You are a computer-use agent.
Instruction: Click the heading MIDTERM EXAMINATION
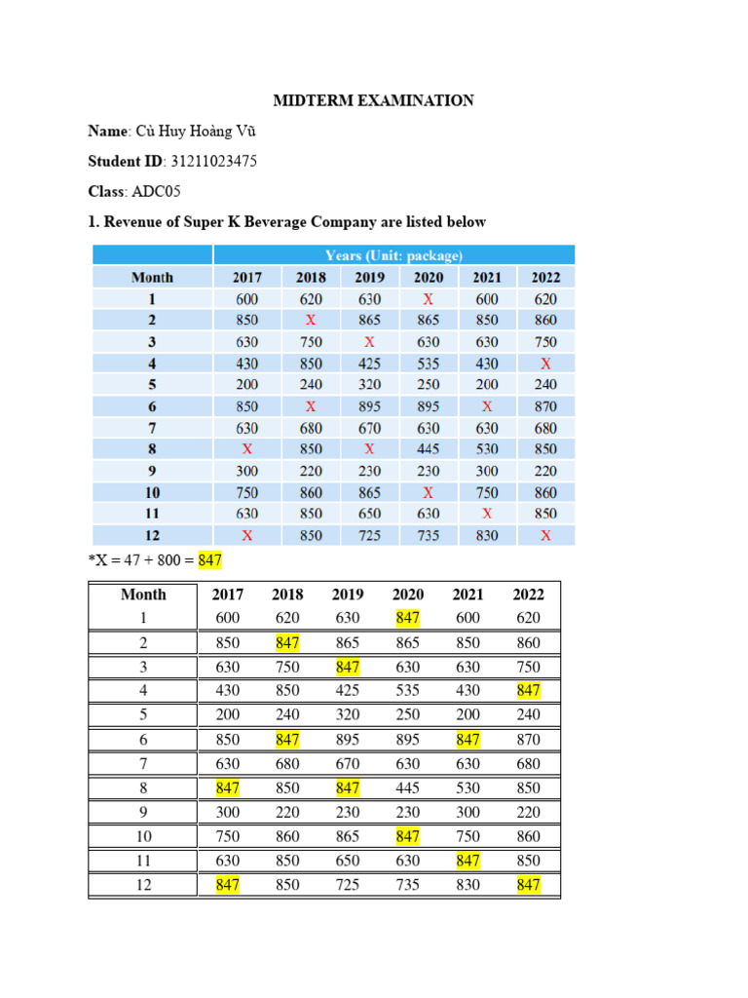tap(373, 100)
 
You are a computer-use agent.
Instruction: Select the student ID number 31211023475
tap(214, 161)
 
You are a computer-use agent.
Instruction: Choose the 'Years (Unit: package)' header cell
tap(393, 255)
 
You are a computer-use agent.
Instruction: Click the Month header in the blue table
tap(152, 278)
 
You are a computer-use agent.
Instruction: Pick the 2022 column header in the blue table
tap(545, 278)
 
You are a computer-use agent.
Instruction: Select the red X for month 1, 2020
tap(429, 299)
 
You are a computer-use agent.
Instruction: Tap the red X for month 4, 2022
tap(545, 364)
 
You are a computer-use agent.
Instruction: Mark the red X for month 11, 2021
tap(487, 514)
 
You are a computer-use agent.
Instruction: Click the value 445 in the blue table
tap(429, 449)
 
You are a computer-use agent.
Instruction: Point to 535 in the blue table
tap(429, 364)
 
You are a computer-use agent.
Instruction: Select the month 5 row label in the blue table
tap(152, 385)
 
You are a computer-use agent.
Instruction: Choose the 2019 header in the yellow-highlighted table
tap(348, 595)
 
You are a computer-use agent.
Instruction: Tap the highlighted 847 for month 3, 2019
tap(348, 667)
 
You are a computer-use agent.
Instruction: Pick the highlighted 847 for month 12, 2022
tap(528, 885)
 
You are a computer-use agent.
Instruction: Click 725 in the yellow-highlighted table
tap(348, 885)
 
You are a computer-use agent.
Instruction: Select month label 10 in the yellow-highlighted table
tap(143, 836)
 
